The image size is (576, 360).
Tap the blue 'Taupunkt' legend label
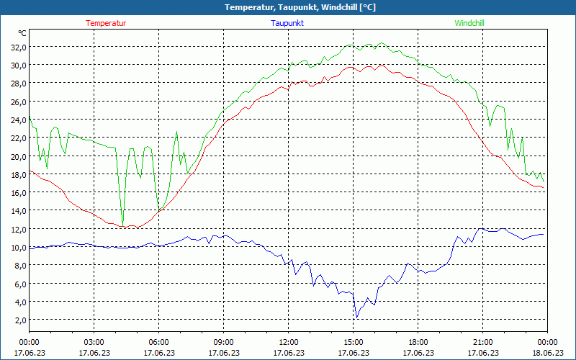[287, 23]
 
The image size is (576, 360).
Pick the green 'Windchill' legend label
[469, 23]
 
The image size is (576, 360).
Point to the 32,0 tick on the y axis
[17, 47]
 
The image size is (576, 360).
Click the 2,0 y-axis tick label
[19, 320]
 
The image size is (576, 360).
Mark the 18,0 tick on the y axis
[17, 174]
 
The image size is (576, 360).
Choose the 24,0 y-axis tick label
[17, 120]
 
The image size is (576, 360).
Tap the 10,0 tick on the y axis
[17, 247]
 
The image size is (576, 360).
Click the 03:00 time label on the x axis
[94, 342]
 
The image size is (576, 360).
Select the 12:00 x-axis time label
[289, 342]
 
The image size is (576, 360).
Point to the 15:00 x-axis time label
[354, 342]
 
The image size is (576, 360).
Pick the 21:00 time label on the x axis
[483, 342]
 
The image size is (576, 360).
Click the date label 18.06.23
[547, 353]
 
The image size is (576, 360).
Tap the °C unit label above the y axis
[22, 33]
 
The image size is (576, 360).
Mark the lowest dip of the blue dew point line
[356, 317]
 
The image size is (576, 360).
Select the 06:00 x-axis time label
[159, 342]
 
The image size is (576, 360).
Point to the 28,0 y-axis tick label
[17, 84]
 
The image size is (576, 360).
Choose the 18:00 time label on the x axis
[418, 342]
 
